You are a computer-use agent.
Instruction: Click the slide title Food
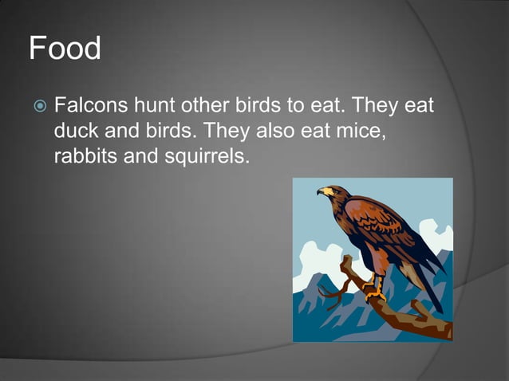65,49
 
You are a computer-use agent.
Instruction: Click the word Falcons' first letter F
60,105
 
